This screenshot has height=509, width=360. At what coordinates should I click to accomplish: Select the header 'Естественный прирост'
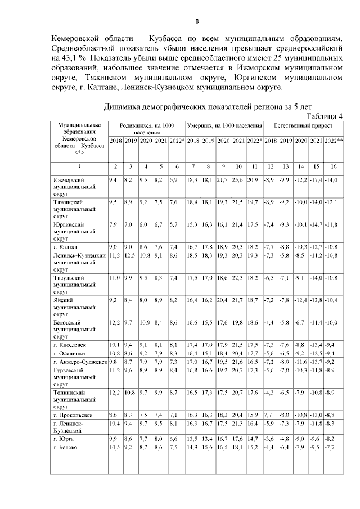303,126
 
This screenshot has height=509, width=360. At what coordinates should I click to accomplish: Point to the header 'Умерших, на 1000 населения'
224,126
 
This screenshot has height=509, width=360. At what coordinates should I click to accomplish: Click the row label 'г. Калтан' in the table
65,247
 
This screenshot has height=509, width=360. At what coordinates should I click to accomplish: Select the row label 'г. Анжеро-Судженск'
78,362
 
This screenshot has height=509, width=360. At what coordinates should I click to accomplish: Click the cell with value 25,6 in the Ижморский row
238,179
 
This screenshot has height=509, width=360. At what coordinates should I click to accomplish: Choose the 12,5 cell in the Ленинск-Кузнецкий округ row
131,255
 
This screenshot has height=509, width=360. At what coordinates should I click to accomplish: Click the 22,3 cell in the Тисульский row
238,278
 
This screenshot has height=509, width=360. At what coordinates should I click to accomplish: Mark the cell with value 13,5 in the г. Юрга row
193,437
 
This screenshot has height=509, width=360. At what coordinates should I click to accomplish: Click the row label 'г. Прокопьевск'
70,415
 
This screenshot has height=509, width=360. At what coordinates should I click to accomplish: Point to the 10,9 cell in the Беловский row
146,322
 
